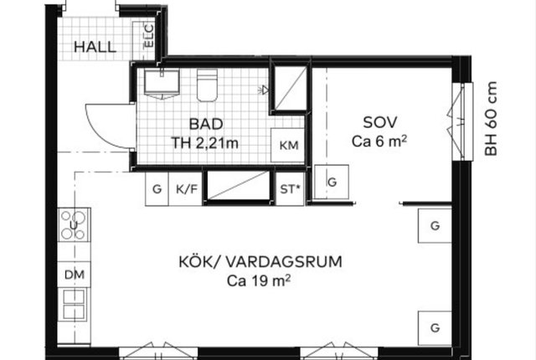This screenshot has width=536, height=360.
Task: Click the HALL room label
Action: click(95, 47)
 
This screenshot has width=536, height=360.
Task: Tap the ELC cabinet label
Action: click(149, 35)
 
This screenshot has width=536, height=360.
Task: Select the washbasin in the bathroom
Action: click(162, 84)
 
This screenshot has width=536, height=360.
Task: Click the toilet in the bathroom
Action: click(207, 85)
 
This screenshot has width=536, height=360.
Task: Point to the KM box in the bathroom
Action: click(288, 145)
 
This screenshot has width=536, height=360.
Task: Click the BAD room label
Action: click(206, 124)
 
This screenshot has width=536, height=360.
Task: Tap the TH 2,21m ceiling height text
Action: click(204, 143)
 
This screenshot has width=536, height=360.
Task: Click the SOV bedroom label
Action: click(379, 122)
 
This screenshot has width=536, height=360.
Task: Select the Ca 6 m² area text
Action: click(379, 141)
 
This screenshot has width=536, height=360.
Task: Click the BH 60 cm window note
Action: click(491, 119)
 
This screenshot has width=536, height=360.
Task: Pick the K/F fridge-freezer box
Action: click(186, 189)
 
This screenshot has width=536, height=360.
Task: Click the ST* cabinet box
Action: click(290, 189)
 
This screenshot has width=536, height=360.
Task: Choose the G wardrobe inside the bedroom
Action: click(332, 182)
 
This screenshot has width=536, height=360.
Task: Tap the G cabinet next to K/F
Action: click(157, 189)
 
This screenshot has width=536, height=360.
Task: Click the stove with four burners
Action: click(74, 224)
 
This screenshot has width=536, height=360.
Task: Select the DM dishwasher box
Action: click(75, 275)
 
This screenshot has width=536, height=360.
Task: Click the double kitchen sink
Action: click(74, 304)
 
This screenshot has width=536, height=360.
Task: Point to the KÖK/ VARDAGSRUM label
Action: click(260, 262)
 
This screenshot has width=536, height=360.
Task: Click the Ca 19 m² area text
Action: click(259, 281)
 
